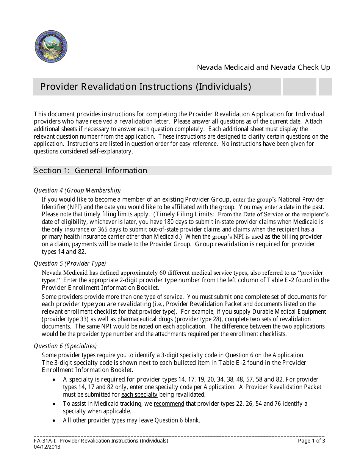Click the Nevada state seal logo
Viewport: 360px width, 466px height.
pos(51,47)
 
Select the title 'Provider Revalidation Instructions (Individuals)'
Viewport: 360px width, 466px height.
pos(146,87)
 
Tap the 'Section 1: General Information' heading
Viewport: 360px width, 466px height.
pos(91,170)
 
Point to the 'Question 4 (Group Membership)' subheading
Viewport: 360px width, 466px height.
pos(77,190)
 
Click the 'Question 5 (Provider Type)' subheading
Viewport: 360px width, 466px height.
pos(70,263)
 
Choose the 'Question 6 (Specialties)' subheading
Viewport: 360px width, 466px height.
pos(65,346)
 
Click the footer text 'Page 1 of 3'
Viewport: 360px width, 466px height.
pos(311,441)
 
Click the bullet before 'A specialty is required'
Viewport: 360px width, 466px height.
pos(55,380)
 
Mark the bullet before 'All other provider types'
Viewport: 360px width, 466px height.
pos(55,421)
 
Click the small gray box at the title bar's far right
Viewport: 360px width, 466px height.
pos(325,87)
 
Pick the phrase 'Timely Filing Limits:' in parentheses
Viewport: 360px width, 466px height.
pos(184,214)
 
